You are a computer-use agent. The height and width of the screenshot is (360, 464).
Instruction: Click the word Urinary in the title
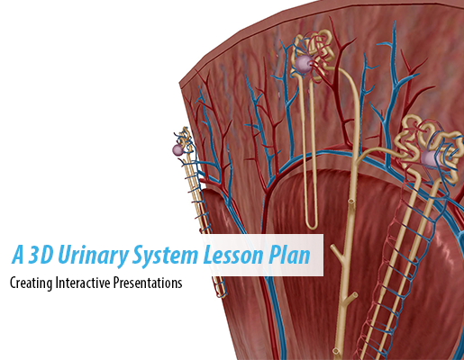pos(93,256)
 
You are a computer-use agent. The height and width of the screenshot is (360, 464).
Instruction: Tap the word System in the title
pos(165,255)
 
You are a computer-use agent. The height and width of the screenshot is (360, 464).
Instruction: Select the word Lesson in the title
pos(233,255)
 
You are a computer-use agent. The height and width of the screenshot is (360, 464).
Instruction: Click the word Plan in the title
pos(289,256)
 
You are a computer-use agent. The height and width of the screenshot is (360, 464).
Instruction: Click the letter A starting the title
pos(18,255)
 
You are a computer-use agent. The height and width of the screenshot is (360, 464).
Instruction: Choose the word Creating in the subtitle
pos(31,283)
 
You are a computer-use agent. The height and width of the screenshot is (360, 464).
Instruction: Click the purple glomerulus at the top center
pos(303,64)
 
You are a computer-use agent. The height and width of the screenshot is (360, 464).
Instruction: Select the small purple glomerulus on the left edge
pos(177,149)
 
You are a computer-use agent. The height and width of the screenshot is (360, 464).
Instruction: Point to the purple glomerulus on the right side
pos(431,158)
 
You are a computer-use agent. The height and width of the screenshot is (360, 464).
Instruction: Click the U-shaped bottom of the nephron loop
pos(312,224)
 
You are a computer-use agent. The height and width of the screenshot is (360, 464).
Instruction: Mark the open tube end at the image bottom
pos(336,351)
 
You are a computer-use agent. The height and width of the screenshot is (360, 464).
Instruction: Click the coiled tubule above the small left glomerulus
pos(186,137)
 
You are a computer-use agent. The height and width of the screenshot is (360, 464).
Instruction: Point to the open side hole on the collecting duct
pos(350,201)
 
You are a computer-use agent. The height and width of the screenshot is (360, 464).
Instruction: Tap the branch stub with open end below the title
pos(352,296)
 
